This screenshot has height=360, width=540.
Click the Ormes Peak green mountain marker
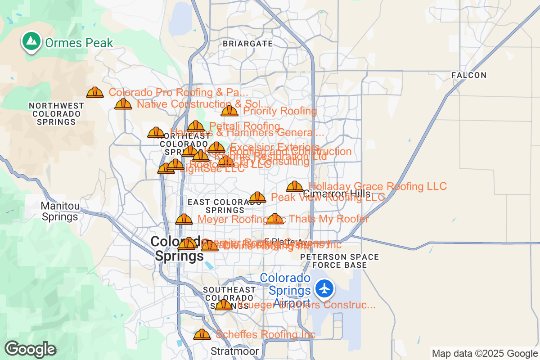point(31,42)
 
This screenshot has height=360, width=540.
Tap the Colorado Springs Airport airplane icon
point(324,288)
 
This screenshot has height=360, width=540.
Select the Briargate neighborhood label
point(247,44)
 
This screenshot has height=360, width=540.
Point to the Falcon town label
point(469,75)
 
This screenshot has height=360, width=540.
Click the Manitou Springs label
point(60,211)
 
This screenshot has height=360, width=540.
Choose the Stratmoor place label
point(235,351)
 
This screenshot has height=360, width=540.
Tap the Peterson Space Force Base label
point(339,261)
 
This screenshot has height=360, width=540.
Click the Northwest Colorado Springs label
point(56,114)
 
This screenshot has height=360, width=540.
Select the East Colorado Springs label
point(225,206)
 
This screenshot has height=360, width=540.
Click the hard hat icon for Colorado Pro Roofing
point(95,93)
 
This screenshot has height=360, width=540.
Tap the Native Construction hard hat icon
point(123,104)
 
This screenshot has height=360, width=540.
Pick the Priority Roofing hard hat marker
point(229,111)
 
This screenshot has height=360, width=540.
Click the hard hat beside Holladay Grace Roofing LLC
point(295,186)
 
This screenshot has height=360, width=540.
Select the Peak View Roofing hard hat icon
point(257,197)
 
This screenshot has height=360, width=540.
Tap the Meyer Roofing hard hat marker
point(184,220)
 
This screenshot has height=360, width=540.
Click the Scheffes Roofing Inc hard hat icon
point(202,334)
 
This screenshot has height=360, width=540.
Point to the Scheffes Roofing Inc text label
point(265,334)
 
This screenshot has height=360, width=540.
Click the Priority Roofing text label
point(280,111)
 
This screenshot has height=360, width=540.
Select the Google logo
point(30,349)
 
